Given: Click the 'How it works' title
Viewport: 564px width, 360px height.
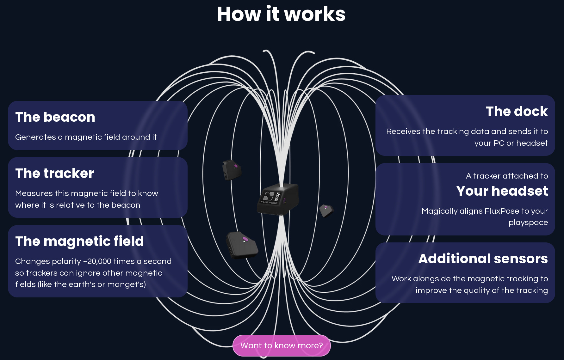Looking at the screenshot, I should pyautogui.click(x=281, y=14).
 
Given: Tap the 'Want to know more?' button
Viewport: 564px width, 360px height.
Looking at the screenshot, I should pyautogui.click(x=282, y=345).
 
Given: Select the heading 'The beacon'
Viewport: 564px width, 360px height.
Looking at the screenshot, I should pyautogui.click(x=55, y=117).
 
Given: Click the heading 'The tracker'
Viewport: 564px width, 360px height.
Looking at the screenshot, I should pyautogui.click(x=54, y=174).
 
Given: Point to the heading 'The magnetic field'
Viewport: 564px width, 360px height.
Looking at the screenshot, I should pyautogui.click(x=79, y=241).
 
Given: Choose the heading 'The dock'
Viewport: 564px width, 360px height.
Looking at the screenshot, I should pyautogui.click(x=517, y=112).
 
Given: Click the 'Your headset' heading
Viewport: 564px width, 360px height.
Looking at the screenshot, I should pyautogui.click(x=502, y=191).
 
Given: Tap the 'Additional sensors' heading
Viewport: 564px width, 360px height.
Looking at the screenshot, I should pyautogui.click(x=483, y=259).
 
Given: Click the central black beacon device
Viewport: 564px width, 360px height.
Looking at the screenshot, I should pyautogui.click(x=278, y=199).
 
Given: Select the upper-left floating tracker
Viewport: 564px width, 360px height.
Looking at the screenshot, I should pyautogui.click(x=232, y=170).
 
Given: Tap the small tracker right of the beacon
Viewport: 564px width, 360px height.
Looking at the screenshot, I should pyautogui.click(x=326, y=210).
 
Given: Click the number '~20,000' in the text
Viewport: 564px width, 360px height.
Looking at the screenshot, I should pyautogui.click(x=97, y=261).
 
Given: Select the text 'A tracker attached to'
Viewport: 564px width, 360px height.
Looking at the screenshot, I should pyautogui.click(x=507, y=176).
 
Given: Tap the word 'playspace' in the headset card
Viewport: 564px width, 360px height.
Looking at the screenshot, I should pyautogui.click(x=528, y=223).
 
